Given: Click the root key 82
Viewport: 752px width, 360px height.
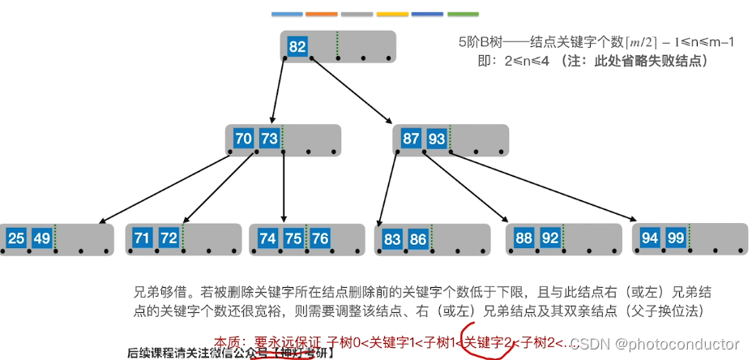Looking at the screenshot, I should [x=297, y=46].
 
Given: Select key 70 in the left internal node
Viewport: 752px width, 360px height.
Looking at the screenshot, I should [x=243, y=139].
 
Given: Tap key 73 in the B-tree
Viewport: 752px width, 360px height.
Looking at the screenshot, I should [x=270, y=139].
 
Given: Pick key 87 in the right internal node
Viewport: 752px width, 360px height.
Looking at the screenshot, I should [x=411, y=139].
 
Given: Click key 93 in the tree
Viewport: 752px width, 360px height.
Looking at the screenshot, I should [x=437, y=139].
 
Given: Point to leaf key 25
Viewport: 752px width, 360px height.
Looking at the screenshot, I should [x=16, y=238].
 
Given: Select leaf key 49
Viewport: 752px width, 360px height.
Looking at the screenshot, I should [x=42, y=238].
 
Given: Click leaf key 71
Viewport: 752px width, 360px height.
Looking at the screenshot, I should [x=143, y=238].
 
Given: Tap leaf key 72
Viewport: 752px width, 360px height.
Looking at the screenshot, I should [x=169, y=238].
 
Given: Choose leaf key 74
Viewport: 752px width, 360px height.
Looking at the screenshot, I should [x=267, y=238].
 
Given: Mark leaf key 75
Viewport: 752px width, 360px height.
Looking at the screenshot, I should [x=293, y=238].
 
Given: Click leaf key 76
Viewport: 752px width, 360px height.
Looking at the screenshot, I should [x=320, y=238].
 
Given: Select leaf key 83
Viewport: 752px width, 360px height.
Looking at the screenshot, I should [x=392, y=238].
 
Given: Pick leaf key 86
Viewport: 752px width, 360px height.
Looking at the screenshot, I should [x=418, y=238].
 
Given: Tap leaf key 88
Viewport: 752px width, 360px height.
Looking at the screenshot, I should [x=524, y=238].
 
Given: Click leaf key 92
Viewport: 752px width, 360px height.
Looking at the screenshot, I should [x=550, y=238].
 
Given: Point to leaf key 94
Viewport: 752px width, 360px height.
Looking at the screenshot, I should [x=650, y=238].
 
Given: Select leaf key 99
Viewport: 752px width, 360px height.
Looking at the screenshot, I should [x=676, y=238].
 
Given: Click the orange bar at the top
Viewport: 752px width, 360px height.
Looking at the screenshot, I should [x=322, y=14].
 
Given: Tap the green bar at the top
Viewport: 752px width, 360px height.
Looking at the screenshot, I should [x=463, y=14].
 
